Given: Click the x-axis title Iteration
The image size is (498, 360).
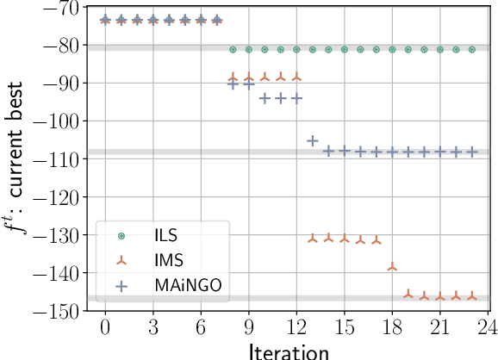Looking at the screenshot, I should [289, 351].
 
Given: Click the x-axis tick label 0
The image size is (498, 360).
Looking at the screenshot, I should [105, 328].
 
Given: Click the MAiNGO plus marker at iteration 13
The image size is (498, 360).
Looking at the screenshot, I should [313, 140].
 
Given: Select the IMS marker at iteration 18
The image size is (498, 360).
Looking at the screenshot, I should [392, 267].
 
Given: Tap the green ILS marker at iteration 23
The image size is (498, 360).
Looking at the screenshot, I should [471, 50].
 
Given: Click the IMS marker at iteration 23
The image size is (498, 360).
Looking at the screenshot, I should [471, 296].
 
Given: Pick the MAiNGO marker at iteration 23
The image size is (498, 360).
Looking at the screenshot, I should [471, 152].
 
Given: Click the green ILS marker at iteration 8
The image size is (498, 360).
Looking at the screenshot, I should [233, 50].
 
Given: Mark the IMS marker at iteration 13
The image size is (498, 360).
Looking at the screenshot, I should [313, 238].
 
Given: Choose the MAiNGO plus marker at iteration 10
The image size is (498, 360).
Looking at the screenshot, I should [265, 98].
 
